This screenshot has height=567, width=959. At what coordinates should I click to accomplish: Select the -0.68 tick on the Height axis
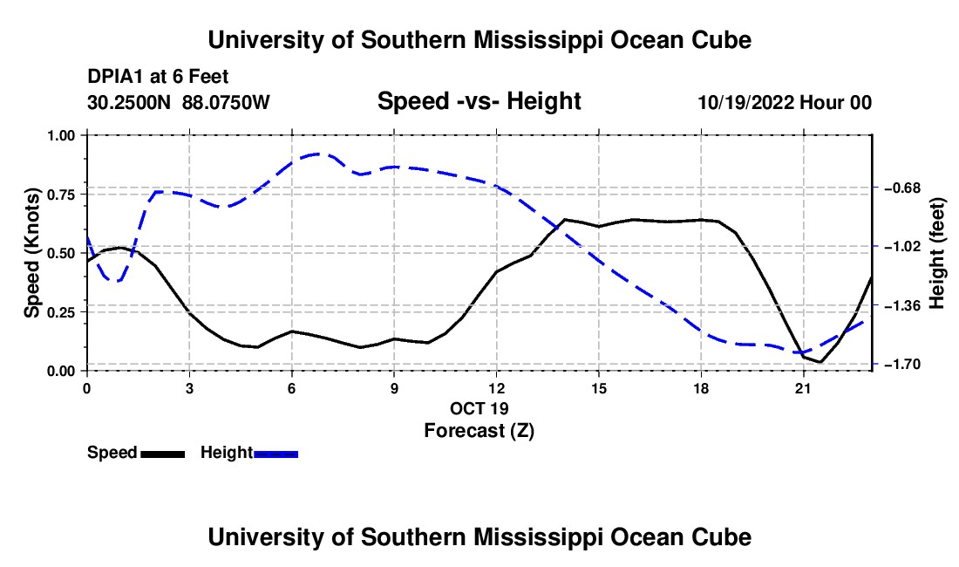(902, 188)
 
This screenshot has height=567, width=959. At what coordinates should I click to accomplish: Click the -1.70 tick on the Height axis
(902, 365)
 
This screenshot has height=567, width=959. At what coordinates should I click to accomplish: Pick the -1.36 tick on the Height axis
(902, 306)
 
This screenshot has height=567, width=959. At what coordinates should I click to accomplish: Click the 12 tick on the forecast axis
(497, 388)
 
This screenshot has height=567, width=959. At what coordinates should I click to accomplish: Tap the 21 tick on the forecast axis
(803, 388)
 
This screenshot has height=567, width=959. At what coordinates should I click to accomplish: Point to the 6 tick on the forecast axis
(292, 388)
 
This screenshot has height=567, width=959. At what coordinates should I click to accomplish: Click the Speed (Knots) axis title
(31, 253)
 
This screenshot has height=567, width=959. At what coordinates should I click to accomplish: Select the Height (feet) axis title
(937, 253)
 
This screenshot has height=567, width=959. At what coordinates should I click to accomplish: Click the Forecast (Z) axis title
(479, 431)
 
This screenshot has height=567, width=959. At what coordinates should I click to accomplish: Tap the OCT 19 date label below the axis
(479, 408)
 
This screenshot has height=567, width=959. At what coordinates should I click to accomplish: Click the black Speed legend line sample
(163, 454)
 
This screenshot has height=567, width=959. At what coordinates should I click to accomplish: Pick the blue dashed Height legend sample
(275, 454)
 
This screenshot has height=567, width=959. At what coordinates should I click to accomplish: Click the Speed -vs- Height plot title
(479, 101)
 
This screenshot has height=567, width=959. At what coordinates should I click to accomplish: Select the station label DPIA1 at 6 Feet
(158, 77)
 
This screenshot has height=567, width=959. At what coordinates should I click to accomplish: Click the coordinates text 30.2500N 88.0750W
(179, 102)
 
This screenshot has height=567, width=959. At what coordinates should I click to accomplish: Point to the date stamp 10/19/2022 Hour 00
(786, 102)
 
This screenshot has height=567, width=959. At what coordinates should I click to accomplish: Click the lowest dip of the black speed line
(820, 362)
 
